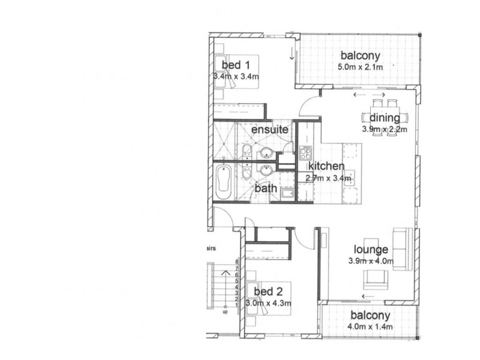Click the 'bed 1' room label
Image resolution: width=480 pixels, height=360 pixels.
232,64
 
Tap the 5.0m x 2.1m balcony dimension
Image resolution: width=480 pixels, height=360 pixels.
359,67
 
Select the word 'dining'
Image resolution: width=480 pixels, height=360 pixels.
384,118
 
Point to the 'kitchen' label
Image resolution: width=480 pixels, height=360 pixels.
326,166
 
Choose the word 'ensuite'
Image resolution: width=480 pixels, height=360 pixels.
269,130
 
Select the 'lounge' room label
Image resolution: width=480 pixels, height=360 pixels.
371,250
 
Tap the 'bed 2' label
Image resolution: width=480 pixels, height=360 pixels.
268,292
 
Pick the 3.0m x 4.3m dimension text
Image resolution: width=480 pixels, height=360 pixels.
268,304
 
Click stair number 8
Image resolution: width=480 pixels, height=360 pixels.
238,262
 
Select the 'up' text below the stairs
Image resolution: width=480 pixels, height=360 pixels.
225,312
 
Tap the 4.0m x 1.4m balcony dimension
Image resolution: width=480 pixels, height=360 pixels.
370,327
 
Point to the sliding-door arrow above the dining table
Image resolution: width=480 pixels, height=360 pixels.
369,95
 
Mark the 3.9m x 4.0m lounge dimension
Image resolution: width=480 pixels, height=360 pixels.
370,261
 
